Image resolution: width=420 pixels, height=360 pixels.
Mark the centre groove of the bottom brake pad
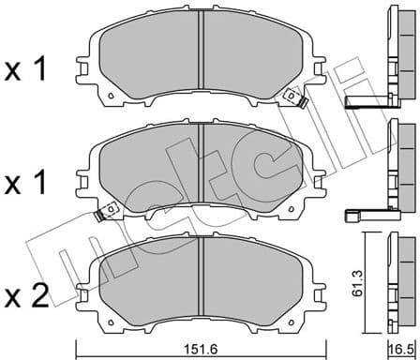pyautogui.click(x=202, y=278)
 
